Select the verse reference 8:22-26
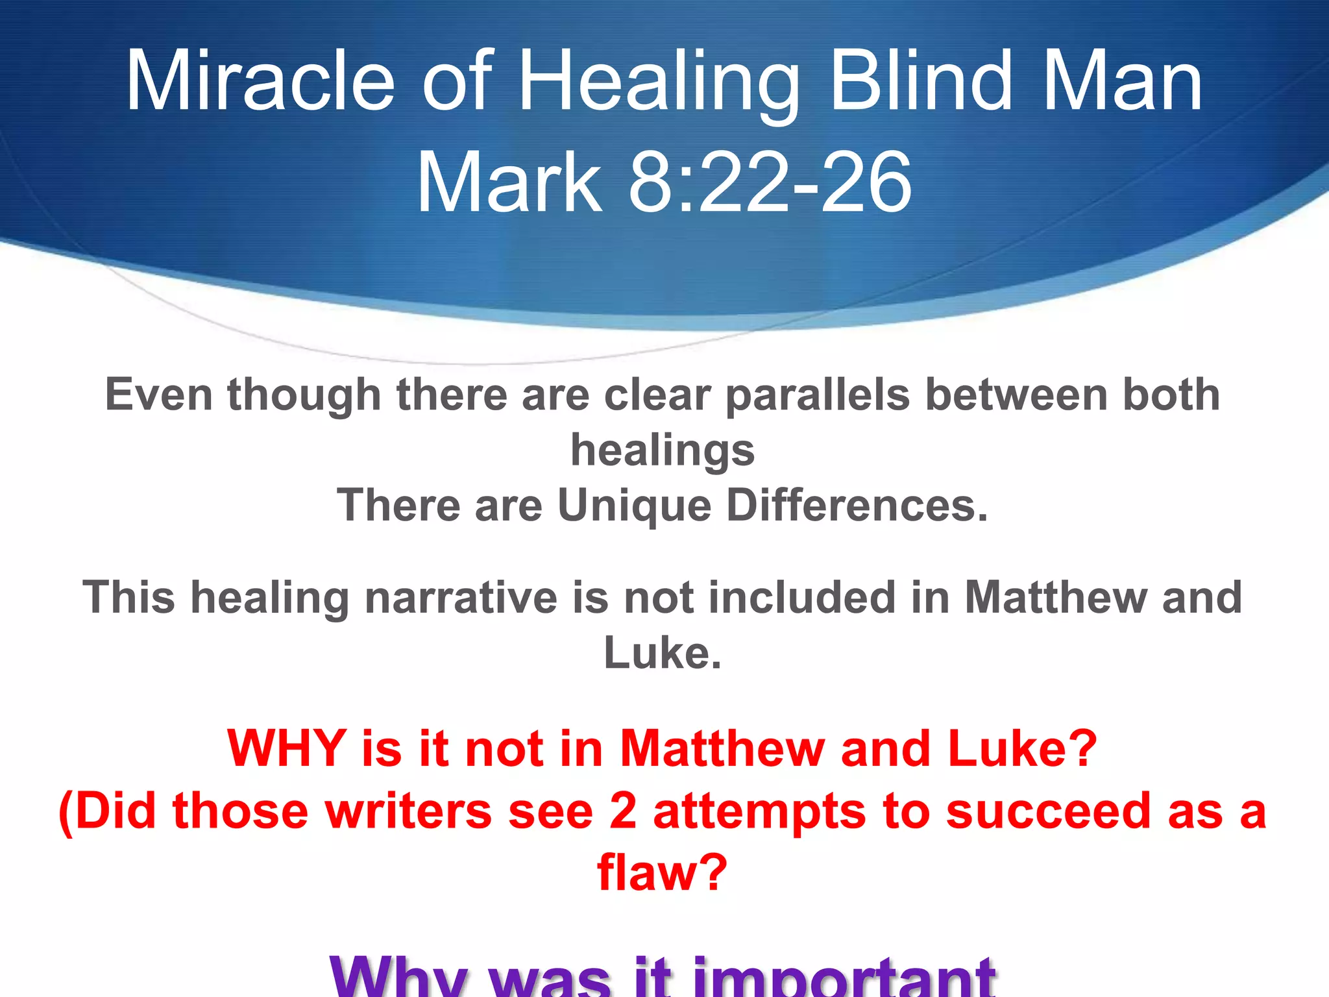click(770, 181)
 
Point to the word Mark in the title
click(509, 181)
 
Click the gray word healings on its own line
click(663, 450)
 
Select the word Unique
click(634, 506)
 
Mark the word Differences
click(857, 506)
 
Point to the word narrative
click(461, 597)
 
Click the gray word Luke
click(662, 653)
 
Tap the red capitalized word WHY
click(287, 748)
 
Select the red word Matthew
click(722, 748)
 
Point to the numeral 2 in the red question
click(623, 811)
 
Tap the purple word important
click(844, 978)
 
